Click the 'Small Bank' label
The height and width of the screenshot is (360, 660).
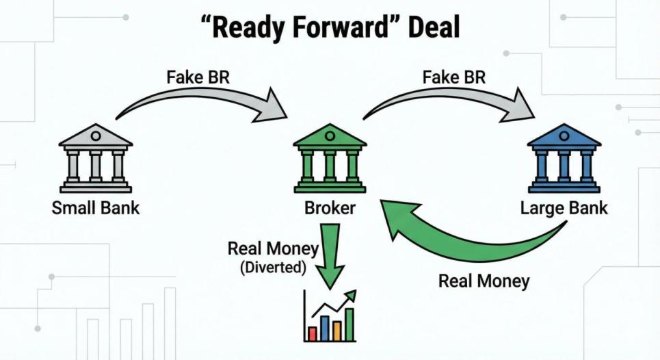pos(95,208)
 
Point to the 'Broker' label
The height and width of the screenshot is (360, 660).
pos(330,208)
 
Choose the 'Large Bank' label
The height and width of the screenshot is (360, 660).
pos(564,208)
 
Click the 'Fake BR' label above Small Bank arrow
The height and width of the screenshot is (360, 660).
pos(198,77)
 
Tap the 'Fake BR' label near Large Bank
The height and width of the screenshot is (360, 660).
pos(453,77)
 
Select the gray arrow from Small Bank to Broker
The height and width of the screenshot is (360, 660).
pos(205,103)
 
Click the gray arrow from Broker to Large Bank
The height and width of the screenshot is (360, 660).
pos(451,101)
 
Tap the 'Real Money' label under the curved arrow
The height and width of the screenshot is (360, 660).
pos(484,281)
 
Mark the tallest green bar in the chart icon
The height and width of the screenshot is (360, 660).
pos(349,324)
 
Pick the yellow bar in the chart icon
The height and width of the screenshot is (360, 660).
pos(336,331)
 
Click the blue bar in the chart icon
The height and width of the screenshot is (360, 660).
pos(325,328)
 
